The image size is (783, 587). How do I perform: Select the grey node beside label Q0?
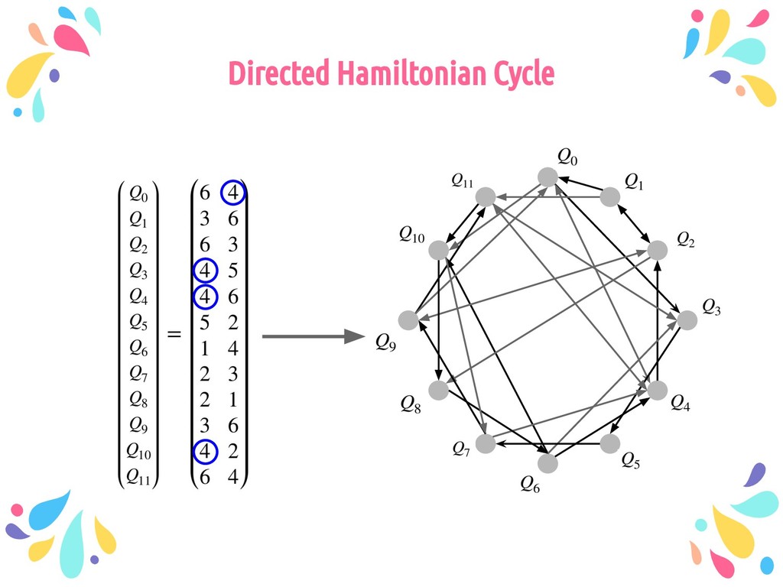(547, 177)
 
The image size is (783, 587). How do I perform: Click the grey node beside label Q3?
(687, 320)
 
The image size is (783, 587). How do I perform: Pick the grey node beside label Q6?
(547, 463)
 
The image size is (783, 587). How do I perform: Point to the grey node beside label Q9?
(409, 320)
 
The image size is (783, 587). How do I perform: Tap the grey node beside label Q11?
(486, 196)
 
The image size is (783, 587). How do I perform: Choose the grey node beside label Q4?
(658, 390)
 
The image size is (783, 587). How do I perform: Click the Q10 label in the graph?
(411, 235)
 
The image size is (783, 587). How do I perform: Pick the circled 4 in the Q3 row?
(205, 271)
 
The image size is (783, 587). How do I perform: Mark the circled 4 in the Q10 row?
(205, 452)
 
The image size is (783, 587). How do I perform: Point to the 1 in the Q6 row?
(205, 348)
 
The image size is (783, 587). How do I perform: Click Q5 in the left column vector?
(138, 323)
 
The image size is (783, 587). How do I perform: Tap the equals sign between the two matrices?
(174, 335)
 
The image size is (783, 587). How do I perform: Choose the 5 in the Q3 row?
(232, 271)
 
